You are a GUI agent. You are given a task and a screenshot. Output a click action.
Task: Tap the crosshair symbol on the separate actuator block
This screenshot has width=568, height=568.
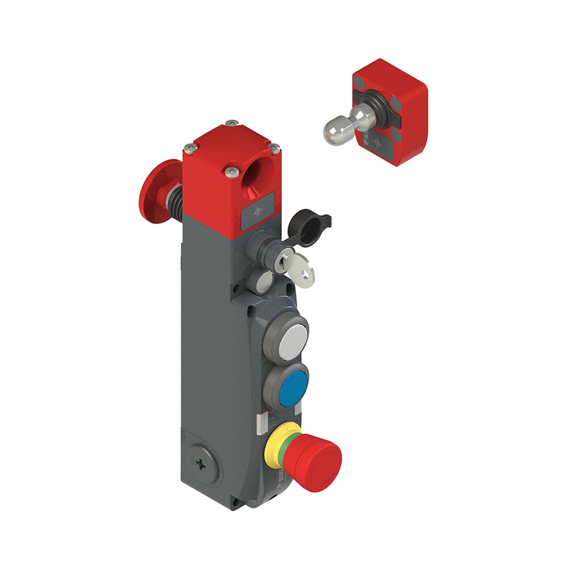[376, 142]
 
